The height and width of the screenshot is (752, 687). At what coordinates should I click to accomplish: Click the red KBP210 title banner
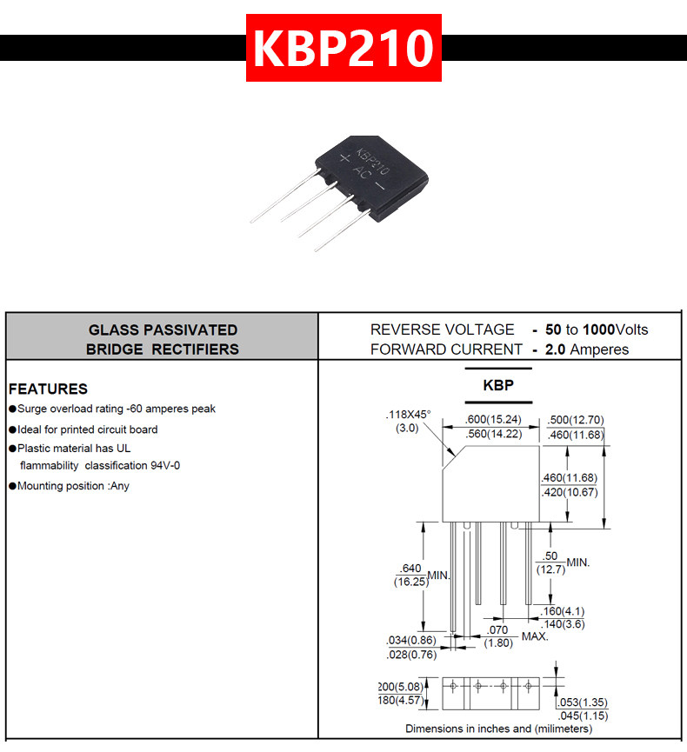[343, 48]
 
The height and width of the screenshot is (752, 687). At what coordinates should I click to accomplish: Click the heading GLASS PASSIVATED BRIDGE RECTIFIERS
[163, 340]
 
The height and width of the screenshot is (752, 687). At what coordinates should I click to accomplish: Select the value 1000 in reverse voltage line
[598, 329]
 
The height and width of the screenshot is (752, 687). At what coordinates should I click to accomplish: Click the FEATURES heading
[48, 389]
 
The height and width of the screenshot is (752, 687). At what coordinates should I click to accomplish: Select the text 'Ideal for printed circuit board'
[88, 429]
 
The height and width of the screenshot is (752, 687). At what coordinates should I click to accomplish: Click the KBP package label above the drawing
[498, 385]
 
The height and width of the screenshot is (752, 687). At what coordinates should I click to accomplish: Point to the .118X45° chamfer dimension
[408, 415]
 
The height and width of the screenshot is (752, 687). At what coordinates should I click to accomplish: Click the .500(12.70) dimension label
[575, 420]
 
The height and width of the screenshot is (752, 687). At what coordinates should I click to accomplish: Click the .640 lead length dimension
[411, 569]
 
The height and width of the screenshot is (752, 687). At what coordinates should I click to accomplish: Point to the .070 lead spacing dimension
[497, 629]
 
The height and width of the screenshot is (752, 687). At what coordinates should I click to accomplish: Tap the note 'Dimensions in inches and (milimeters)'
[498, 729]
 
